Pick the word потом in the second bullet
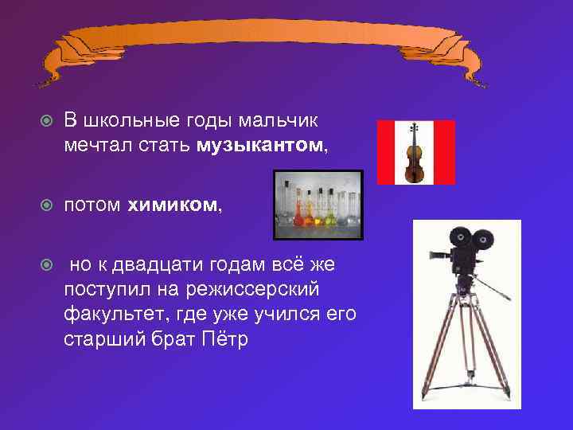coord(92,205)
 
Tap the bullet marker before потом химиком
coord(47,206)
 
